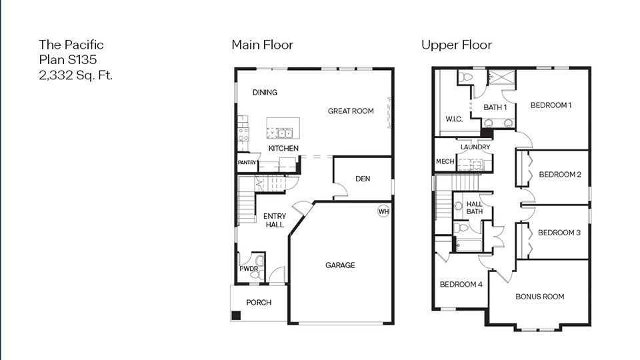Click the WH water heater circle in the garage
click(383, 211)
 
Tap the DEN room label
click(363, 179)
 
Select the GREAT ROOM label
click(351, 111)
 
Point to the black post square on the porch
click(236, 316)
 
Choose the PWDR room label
click(249, 269)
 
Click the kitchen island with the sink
click(283, 128)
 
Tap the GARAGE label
click(340, 265)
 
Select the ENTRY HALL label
click(274, 221)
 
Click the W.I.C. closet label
click(454, 119)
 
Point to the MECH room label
click(445, 161)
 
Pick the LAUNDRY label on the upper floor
click(475, 147)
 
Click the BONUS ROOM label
click(540, 297)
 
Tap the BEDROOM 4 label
click(461, 285)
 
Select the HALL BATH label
click(475, 208)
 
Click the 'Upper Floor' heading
click(457, 45)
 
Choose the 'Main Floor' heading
click(262, 45)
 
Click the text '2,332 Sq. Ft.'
click(75, 75)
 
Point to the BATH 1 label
click(495, 107)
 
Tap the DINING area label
click(265, 93)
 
